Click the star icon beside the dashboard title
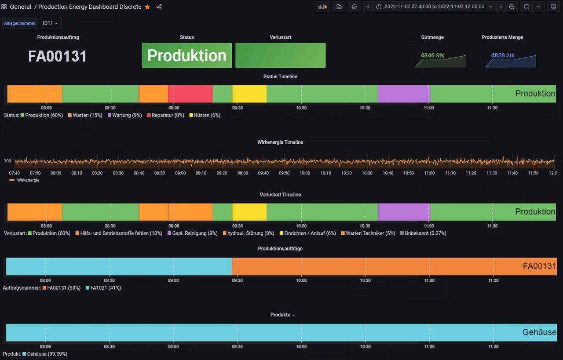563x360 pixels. [147, 7]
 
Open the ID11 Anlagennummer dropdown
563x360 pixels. [51, 23]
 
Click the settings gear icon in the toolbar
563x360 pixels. [354, 7]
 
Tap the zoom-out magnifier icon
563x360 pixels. [512, 7]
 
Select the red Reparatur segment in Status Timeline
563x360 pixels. [190, 94]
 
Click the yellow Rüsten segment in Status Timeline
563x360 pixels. [249, 94]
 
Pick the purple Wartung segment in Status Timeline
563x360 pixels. [403, 94]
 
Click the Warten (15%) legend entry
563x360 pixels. [87, 115]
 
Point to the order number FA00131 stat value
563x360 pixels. [58, 56]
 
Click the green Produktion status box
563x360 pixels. [186, 55]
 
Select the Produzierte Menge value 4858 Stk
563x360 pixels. [503, 55]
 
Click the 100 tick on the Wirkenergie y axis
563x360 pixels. [7, 161]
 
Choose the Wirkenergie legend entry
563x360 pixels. [28, 180]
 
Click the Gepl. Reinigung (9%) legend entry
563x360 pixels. [194, 233]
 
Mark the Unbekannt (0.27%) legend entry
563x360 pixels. [425, 233]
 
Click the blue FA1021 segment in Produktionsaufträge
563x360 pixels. [119, 266]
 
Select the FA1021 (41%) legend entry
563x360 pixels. [106, 288]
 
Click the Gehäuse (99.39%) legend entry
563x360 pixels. [47, 354]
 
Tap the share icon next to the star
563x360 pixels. [159, 7]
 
